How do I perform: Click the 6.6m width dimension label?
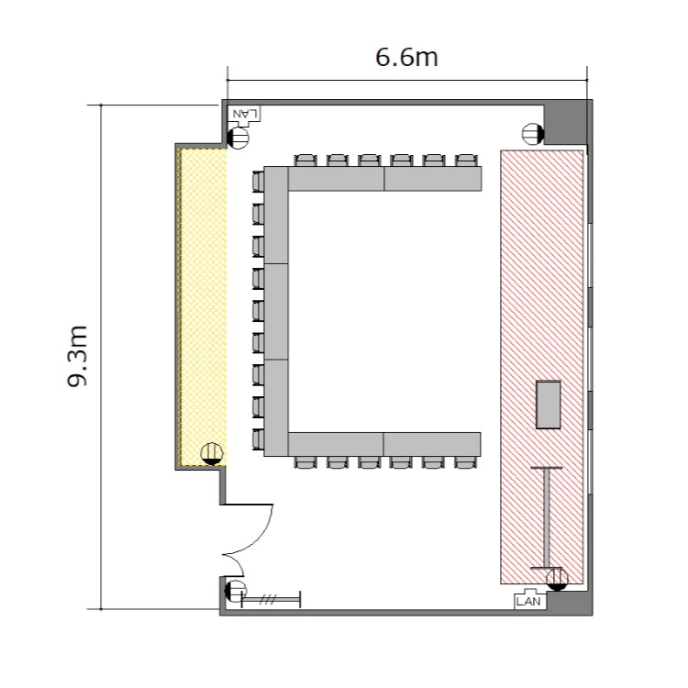[x=406, y=58]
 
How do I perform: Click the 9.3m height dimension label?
[x=78, y=356]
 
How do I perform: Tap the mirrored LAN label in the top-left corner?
[x=244, y=114]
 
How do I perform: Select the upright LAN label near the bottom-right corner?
[x=528, y=601]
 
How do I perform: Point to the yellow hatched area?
[x=203, y=307]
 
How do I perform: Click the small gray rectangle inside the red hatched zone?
[x=548, y=405]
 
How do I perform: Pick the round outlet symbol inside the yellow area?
[x=212, y=454]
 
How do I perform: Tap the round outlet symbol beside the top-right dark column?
[x=533, y=134]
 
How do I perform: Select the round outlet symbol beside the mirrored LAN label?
[x=239, y=138]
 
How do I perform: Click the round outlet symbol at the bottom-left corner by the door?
[x=236, y=591]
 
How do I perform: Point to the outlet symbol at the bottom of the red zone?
[x=557, y=579]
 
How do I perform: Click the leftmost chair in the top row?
[x=305, y=161]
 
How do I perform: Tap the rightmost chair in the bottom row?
[x=465, y=462]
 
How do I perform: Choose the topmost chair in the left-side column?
[x=259, y=182]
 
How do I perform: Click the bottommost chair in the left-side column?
[x=259, y=439]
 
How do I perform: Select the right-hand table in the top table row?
[x=433, y=179]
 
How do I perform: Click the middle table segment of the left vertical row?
[x=276, y=312]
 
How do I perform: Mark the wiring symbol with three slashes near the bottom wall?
[x=271, y=599]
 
